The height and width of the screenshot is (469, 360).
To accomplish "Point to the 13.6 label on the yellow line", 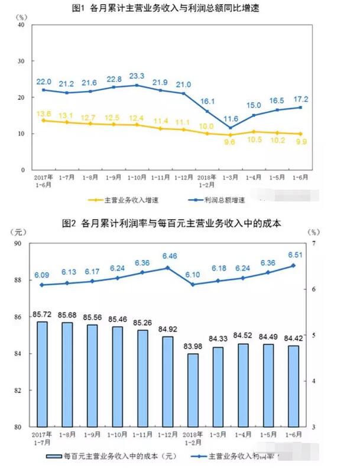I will click(x=44, y=113).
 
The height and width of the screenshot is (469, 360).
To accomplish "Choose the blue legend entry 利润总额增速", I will click(x=215, y=201).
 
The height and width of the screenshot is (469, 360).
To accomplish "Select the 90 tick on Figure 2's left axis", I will click(x=18, y=243).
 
